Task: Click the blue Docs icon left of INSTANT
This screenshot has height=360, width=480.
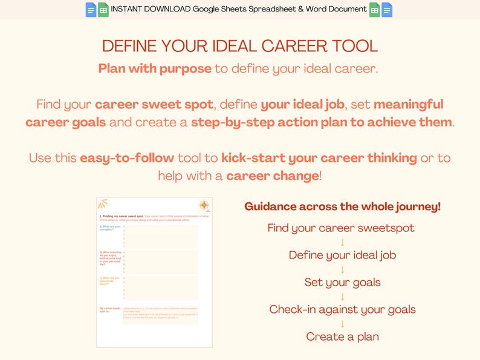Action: tap(91, 10)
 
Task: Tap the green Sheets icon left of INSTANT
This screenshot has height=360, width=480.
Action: tap(103, 10)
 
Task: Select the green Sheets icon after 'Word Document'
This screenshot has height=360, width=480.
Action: tap(375, 10)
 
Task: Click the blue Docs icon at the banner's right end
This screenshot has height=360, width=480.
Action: tap(387, 10)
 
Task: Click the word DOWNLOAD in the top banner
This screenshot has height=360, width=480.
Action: tap(167, 9)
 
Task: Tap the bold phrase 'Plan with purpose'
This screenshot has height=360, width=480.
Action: tap(155, 68)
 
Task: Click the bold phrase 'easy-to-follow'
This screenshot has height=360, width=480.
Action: tap(127, 158)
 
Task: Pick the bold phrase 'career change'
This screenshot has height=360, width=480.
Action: tap(273, 176)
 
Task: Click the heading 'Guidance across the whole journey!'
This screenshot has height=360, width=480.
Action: tap(342, 207)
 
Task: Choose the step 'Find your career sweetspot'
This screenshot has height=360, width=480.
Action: tap(342, 228)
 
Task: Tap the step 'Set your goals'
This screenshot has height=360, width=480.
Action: tap(342, 282)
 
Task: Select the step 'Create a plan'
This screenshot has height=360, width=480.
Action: tap(342, 336)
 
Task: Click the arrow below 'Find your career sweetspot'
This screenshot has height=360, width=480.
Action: tap(342, 242)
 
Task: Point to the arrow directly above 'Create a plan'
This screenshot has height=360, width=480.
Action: tap(342, 323)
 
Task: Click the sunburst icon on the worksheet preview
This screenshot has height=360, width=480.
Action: tap(103, 204)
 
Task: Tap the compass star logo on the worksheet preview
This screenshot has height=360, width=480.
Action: tap(204, 205)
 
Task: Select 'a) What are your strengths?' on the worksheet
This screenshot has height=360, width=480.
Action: tap(110, 228)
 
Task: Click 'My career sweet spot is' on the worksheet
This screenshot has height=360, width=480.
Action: tap(110, 310)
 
